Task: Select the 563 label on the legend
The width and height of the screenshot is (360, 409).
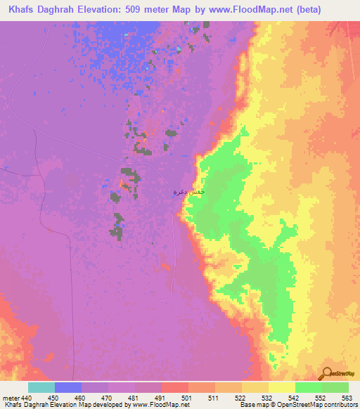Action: (347, 397)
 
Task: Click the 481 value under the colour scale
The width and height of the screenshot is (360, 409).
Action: (132, 397)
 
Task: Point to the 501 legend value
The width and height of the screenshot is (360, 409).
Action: (186, 397)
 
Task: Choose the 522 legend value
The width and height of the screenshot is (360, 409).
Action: (240, 397)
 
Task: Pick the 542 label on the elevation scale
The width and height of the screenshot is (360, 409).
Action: (293, 397)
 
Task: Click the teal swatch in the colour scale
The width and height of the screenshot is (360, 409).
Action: (41, 387)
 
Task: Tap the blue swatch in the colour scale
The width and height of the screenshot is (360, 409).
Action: (68, 387)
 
